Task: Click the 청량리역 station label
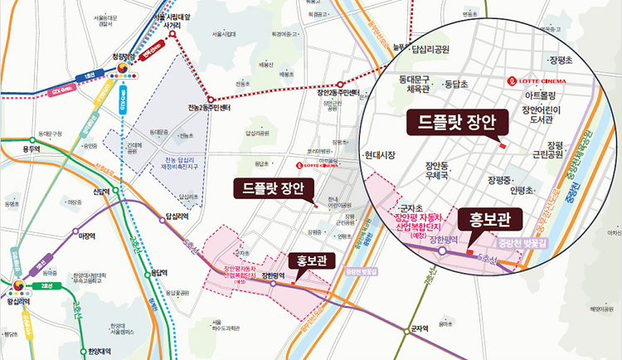tap(122, 57)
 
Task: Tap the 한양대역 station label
tap(99, 351)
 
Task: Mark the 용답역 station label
tap(155, 271)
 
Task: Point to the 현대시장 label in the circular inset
tap(381, 155)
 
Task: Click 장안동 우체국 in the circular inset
tap(436, 171)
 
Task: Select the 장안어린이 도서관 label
tap(542, 115)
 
